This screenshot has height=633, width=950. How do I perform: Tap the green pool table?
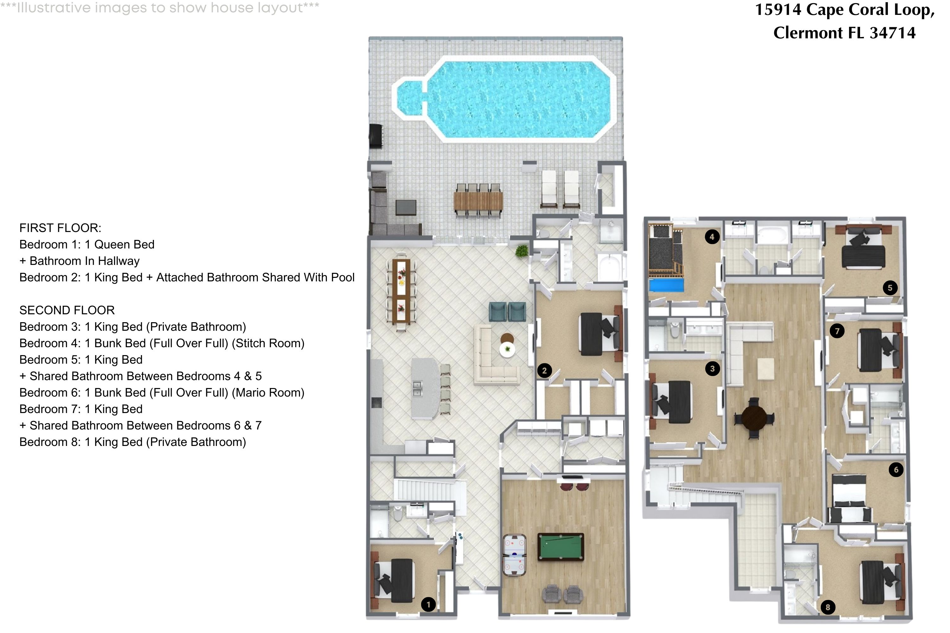pyautogui.click(x=560, y=547)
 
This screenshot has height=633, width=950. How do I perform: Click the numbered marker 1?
pyautogui.click(x=428, y=604)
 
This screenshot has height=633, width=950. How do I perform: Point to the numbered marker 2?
pyautogui.click(x=544, y=371)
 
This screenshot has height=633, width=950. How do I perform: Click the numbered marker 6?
pyautogui.click(x=896, y=469)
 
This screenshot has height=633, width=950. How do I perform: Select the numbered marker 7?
pyautogui.click(x=837, y=331)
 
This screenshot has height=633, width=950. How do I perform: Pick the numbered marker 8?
pyautogui.click(x=828, y=607)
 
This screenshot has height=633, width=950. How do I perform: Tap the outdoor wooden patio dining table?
pyautogui.click(x=478, y=201)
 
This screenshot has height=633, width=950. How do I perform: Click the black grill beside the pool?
pyautogui.click(x=376, y=136)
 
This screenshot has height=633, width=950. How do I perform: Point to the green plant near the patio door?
pyautogui.click(x=522, y=251)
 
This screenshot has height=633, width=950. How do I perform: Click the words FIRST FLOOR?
pyautogui.click(x=60, y=228)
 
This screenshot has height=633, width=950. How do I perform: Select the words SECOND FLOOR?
pyautogui.click(x=67, y=310)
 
